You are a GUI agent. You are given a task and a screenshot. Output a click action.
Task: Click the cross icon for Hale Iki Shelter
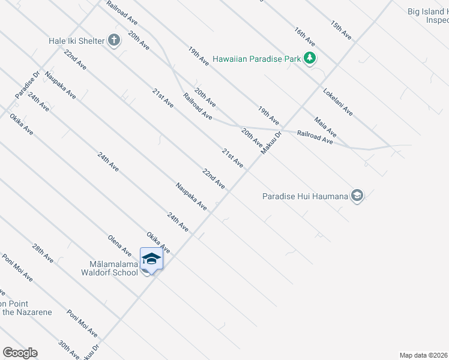pyautogui.click(x=114, y=41)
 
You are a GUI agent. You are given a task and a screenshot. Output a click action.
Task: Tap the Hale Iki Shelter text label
pyautogui.click(x=77, y=41)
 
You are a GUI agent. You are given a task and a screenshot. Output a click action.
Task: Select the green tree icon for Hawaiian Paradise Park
pyautogui.click(x=310, y=58)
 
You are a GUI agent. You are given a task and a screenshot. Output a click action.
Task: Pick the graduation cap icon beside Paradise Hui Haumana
pyautogui.click(x=357, y=196)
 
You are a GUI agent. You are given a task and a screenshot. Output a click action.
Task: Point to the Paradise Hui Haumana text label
pyautogui.click(x=306, y=196)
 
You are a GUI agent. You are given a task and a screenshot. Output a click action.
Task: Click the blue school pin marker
pyautogui.click(x=151, y=260)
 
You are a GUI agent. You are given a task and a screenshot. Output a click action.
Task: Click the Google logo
pyautogui.click(x=19, y=353)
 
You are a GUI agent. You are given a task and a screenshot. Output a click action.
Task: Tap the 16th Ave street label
pyautogui.click(x=304, y=37)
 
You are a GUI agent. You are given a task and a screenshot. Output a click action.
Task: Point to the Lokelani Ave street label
pyautogui.click(x=338, y=103)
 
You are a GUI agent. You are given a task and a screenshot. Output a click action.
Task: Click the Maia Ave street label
pyautogui.click(x=324, y=126)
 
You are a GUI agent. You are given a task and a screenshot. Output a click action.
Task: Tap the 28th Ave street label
pyautogui.click(x=43, y=254)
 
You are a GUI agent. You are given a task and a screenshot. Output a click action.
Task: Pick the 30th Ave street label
pyautogui.click(x=68, y=350)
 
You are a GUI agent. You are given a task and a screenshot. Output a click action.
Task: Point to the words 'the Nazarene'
pyautogui.click(x=26, y=312)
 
